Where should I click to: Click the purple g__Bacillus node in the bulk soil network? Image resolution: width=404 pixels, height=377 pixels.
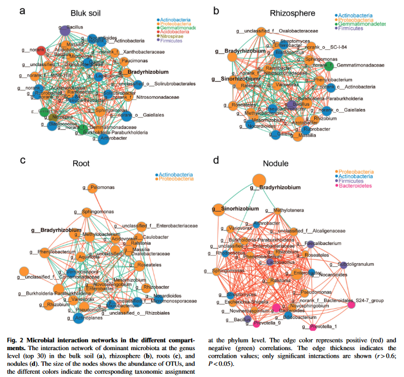click(63, 31)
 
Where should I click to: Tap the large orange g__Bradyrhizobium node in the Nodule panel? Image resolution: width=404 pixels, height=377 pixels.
click(259, 180)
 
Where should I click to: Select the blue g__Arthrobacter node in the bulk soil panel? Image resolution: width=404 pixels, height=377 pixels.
click(105, 141)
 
